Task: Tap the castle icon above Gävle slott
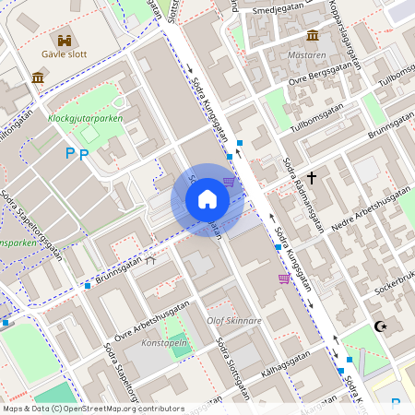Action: click(x=65, y=40)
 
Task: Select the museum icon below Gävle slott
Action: click(x=38, y=77)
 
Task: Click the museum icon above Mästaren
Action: click(x=313, y=35)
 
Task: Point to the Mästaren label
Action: click(x=307, y=54)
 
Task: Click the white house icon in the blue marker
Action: click(x=207, y=199)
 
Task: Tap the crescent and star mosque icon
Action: click(x=378, y=326)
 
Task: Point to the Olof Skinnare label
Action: click(x=234, y=321)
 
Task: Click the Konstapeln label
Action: click(x=164, y=342)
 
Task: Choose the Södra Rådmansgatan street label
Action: click(x=303, y=194)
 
